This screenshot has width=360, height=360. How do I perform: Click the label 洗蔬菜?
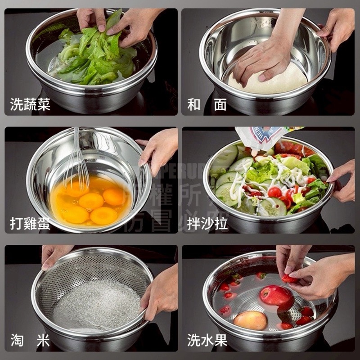[30, 105]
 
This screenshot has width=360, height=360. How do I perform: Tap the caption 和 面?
[207, 105]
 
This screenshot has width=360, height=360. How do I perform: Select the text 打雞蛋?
[30, 223]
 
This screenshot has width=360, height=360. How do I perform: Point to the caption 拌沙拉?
[207, 223]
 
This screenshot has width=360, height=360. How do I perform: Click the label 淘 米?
[30, 341]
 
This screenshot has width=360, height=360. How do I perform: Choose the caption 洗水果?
[207, 341]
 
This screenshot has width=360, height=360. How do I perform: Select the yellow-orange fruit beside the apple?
[251, 320]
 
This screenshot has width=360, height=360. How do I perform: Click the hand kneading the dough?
[261, 58]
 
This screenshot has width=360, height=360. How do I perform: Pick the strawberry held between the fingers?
[288, 279]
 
